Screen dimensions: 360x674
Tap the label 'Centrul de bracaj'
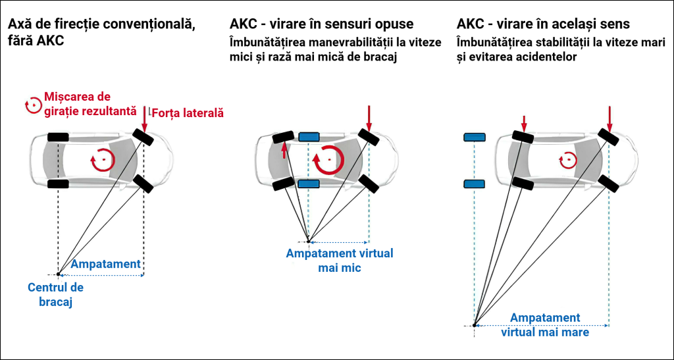[x=55, y=295]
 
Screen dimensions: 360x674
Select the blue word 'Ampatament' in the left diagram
[x=105, y=264]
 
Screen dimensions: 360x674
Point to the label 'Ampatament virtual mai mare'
[x=545, y=325]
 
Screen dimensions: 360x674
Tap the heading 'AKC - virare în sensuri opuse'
[x=322, y=24]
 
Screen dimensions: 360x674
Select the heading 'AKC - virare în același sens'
[x=543, y=24]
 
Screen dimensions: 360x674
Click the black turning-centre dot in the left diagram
[x=59, y=274]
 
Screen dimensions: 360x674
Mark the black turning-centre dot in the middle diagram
[x=308, y=241]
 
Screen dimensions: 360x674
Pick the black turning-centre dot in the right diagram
[x=474, y=324]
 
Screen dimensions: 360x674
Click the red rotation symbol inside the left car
[x=102, y=159]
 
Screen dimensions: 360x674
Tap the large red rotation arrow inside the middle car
[x=328, y=159]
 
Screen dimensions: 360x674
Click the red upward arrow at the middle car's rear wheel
[x=284, y=151]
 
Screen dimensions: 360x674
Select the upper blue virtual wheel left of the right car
[x=474, y=137]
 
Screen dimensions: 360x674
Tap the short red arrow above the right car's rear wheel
[x=524, y=123]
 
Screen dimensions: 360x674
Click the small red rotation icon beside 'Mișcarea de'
[x=32, y=104]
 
